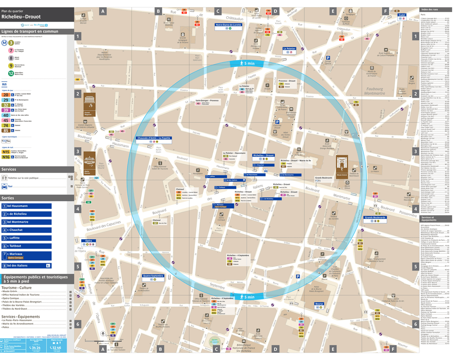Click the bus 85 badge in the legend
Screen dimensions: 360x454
coord(6,130)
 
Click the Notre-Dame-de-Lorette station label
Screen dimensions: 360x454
coord(228,26)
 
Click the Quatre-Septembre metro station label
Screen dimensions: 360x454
coord(153,276)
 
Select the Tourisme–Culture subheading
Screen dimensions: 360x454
coord(17,287)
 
